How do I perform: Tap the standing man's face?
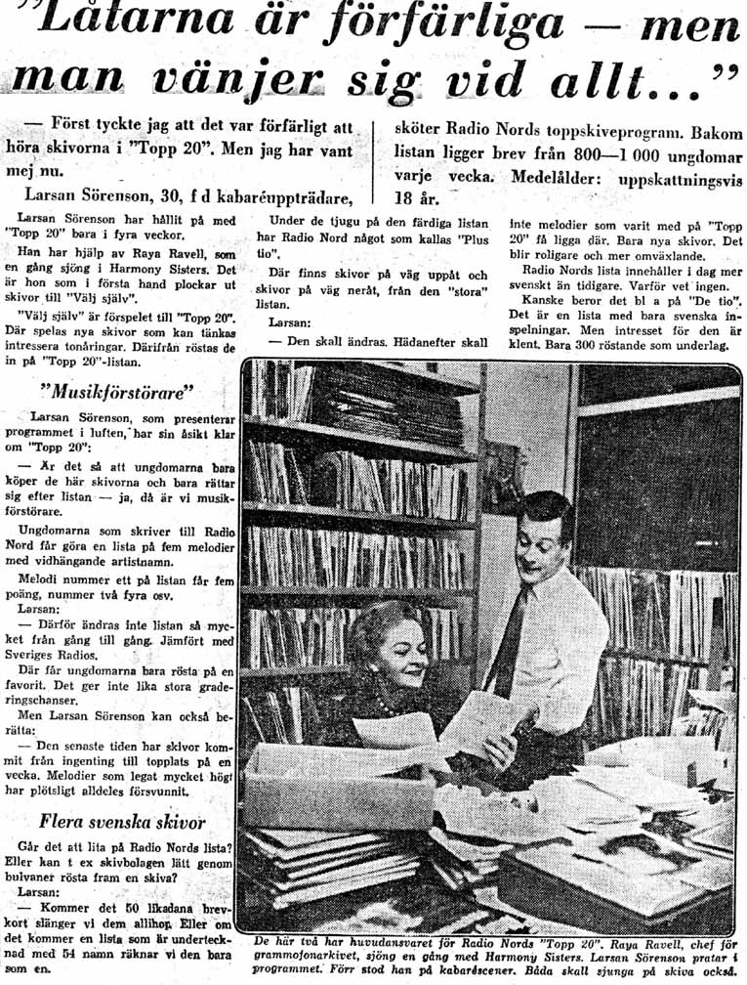coord(544,549)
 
